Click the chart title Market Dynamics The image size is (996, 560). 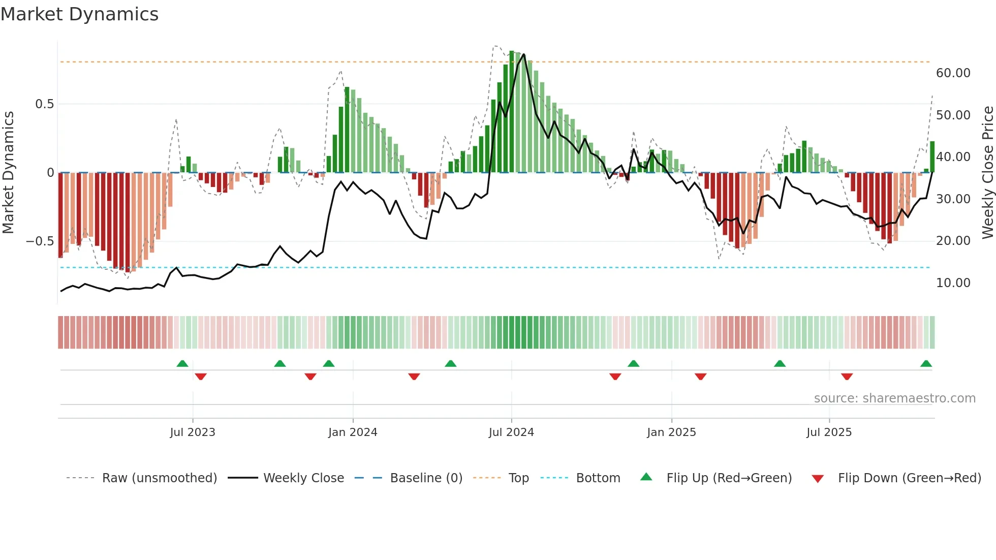point(80,14)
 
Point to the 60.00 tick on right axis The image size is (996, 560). point(953,73)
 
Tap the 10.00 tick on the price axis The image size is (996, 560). point(953,283)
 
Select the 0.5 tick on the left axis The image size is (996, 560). point(44,104)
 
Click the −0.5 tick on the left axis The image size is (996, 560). point(40,241)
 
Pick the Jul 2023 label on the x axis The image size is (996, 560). point(193,432)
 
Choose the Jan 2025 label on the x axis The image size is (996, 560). point(671,432)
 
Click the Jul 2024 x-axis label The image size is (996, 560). point(511,432)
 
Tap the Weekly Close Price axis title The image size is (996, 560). point(987,172)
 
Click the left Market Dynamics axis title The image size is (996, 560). point(8,172)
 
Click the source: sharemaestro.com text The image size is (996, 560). point(894,398)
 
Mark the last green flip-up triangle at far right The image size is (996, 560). point(926,364)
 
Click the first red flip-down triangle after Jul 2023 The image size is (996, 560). point(201,377)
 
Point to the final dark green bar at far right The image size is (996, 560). point(932,157)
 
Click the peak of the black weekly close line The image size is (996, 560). point(523,55)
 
